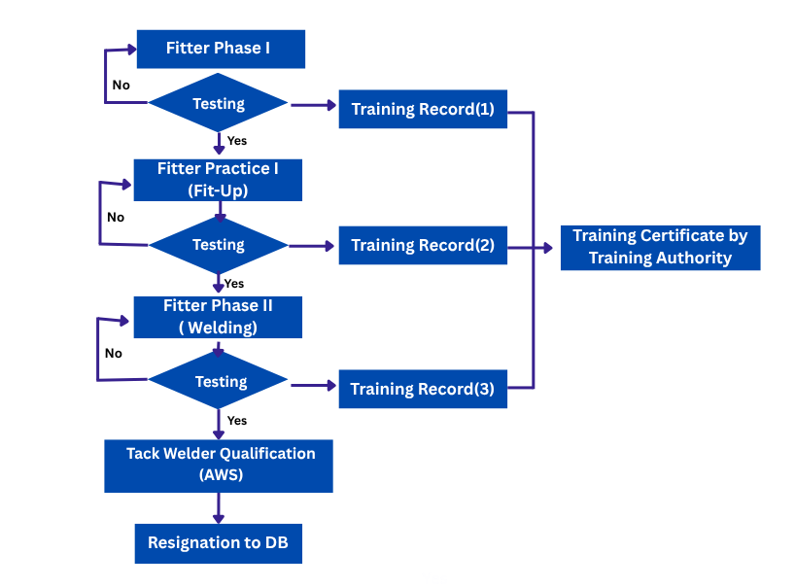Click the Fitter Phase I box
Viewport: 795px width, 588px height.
point(220,49)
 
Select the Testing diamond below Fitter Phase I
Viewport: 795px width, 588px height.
point(219,103)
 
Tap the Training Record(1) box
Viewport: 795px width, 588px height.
point(423,109)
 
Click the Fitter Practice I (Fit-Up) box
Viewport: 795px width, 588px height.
point(218,180)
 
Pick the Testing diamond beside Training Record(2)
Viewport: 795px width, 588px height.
point(219,245)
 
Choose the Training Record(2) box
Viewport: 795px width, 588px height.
point(423,245)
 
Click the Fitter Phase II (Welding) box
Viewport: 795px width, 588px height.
point(218,317)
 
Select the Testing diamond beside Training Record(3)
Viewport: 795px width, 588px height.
point(220,382)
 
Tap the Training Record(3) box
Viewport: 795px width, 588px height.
point(423,389)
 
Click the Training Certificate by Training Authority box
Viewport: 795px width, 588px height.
point(660,247)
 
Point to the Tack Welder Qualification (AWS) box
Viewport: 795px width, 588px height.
point(219,465)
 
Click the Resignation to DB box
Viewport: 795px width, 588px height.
point(218,542)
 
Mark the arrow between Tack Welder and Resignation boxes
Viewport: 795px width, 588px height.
point(218,508)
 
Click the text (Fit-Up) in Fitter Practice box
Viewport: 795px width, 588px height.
point(218,190)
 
